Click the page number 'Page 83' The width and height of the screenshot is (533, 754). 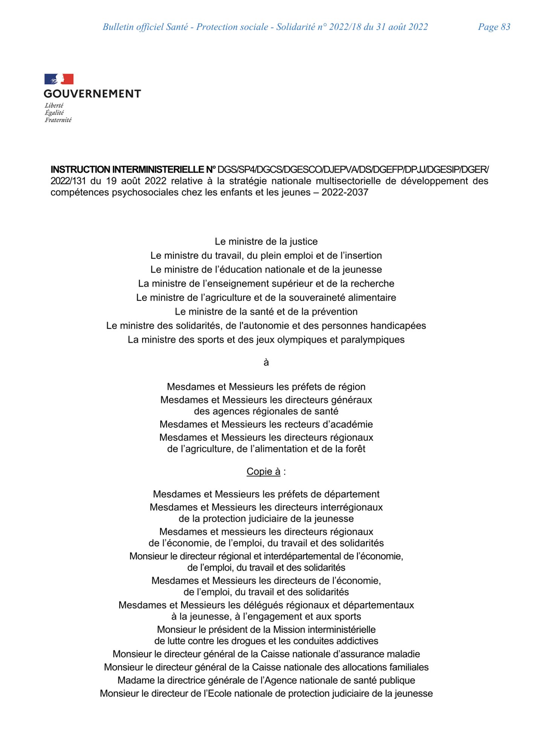(494, 27)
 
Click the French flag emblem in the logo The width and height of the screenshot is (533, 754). (59, 79)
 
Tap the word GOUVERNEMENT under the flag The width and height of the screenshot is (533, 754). (92, 93)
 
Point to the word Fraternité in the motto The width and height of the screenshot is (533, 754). (58, 120)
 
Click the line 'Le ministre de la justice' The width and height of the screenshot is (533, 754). (266, 241)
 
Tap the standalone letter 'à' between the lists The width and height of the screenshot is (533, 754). (266, 363)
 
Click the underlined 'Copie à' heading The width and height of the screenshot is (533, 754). (263, 471)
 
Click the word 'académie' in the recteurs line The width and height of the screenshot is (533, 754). (353, 424)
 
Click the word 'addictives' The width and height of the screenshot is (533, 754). (357, 641)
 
